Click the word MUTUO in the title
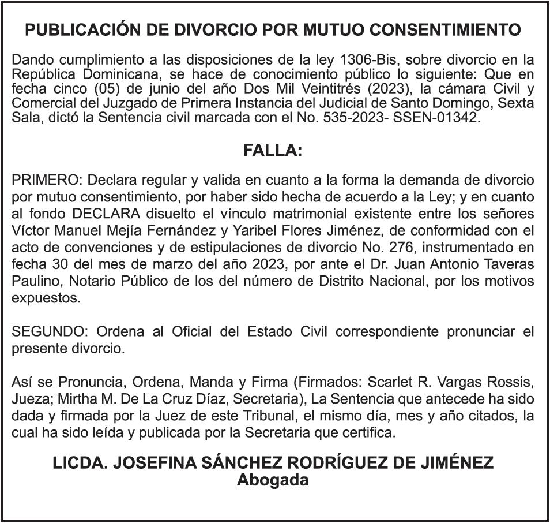pos(333,30)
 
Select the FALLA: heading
pos(273,151)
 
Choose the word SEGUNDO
pos(50,332)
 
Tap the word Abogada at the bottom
pos(273,480)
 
